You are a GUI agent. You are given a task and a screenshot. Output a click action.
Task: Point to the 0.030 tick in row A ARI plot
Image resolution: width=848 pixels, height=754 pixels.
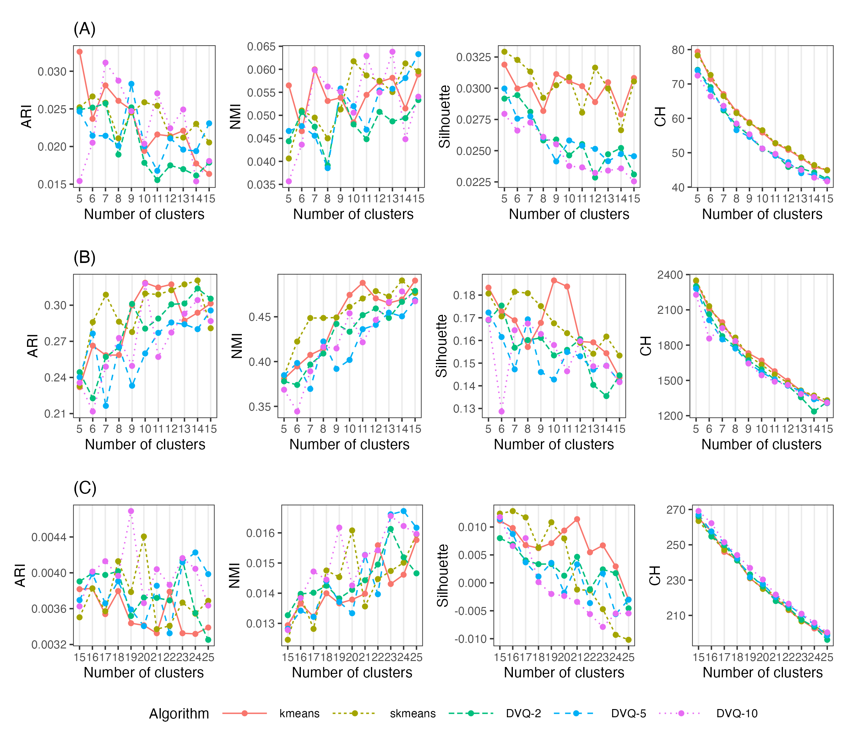[52, 72]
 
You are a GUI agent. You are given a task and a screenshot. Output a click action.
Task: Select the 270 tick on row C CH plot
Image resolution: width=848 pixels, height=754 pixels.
[676, 510]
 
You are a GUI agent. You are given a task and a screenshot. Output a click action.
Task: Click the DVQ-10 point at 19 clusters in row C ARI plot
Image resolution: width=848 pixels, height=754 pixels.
[131, 511]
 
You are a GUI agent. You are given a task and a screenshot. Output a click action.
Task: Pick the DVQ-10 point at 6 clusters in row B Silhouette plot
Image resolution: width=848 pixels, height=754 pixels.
[502, 411]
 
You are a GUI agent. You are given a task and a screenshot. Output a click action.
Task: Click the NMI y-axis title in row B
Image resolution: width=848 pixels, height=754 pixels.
[236, 345]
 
